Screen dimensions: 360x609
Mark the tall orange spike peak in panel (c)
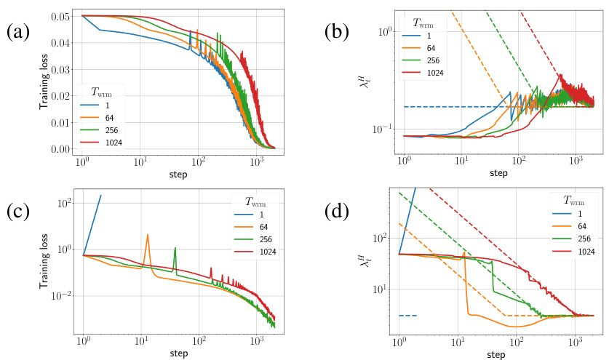tap(148, 235)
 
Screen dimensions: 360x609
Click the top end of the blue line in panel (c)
tap(100, 195)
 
